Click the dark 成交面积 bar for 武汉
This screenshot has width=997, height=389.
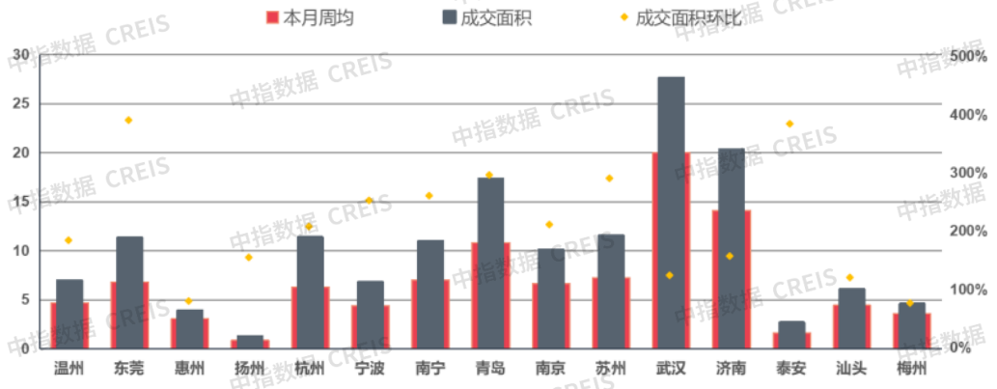671,212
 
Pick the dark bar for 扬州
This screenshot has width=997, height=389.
250,342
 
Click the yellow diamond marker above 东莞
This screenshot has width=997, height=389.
128,120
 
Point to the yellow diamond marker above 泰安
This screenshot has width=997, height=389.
789,124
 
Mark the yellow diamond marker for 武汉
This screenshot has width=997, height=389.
669,275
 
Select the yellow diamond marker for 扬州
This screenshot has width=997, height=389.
249,257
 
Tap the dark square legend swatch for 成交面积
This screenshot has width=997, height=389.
452,17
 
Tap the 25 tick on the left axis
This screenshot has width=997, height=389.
22,103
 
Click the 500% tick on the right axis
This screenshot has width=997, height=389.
968,56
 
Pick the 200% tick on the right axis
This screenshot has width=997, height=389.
968,232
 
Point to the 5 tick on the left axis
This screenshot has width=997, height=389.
26,299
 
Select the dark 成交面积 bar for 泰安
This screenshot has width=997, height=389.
791,334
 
